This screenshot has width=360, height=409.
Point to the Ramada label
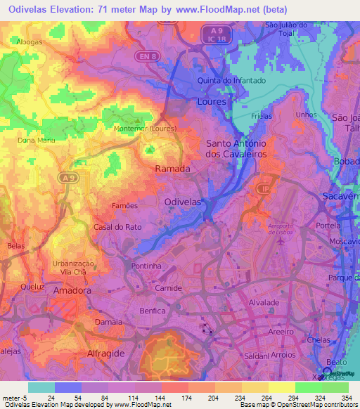172,169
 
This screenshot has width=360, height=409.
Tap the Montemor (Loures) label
144,129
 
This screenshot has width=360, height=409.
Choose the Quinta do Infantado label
232,81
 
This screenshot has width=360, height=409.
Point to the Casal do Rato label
113,228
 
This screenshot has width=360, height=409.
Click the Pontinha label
146,266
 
